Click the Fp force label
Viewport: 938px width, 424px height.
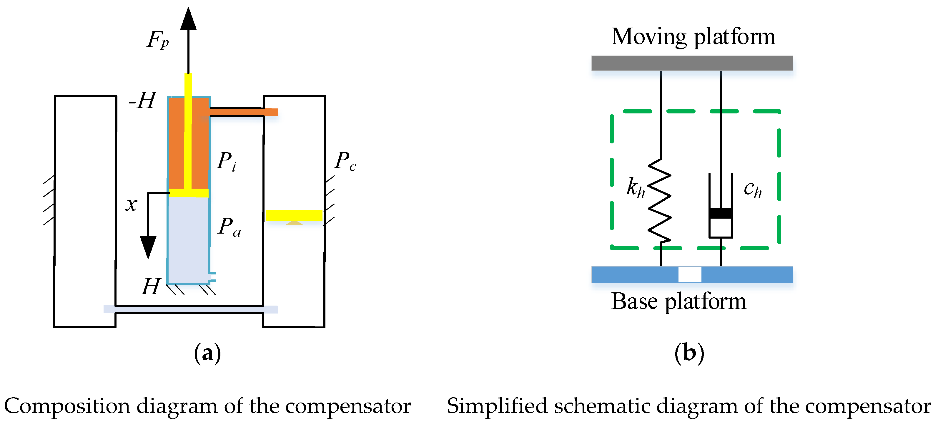158,40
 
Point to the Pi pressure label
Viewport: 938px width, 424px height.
227,161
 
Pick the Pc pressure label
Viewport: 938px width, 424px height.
345,161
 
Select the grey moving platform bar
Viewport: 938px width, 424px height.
692,63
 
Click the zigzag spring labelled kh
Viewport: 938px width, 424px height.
659,201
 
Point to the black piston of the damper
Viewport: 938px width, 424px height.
721,213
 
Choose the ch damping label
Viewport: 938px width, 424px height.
753,189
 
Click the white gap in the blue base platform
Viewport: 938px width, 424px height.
690,274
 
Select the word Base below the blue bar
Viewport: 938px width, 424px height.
634,301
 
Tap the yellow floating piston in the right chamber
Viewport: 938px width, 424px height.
294,215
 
